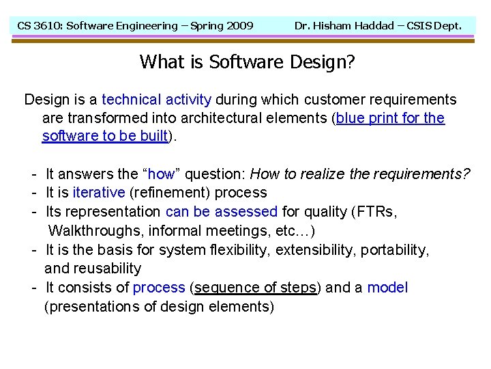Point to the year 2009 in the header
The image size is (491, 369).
click(239, 26)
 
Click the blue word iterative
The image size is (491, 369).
click(98, 193)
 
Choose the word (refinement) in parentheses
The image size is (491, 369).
click(170, 193)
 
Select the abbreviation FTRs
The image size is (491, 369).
click(379, 212)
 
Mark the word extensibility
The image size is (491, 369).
click(315, 250)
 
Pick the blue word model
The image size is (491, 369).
click(387, 288)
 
